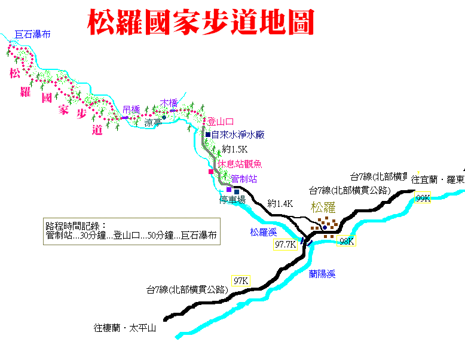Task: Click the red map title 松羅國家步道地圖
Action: coord(201,22)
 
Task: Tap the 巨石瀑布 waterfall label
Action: coord(33,35)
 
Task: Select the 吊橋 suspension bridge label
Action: coord(131,110)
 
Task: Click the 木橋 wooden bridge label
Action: coord(169,103)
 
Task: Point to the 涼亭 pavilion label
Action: coord(153,123)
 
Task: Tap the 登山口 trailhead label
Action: coord(221,121)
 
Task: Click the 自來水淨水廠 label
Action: coord(238,135)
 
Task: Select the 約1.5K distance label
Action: coord(234,149)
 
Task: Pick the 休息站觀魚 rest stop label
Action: coord(240,164)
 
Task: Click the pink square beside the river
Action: coord(211,172)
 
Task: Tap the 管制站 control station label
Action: coord(244,179)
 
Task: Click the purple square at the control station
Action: coord(229,190)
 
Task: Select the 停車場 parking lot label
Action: coord(232,200)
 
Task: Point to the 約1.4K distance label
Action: coord(280,203)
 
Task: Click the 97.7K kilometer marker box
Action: coord(285,244)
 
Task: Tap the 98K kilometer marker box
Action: coord(347,241)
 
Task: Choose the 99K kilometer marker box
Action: coord(423,198)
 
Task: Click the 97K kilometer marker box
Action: coord(241,280)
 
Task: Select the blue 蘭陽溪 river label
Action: coord(322,274)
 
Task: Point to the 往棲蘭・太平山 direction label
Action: coord(125,328)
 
